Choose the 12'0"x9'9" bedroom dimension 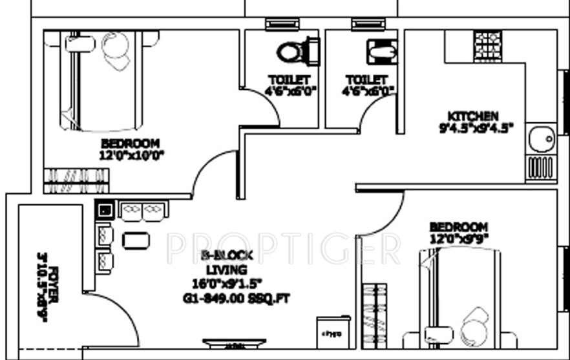458,238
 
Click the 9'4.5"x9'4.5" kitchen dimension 475,128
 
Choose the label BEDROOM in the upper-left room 131,143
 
